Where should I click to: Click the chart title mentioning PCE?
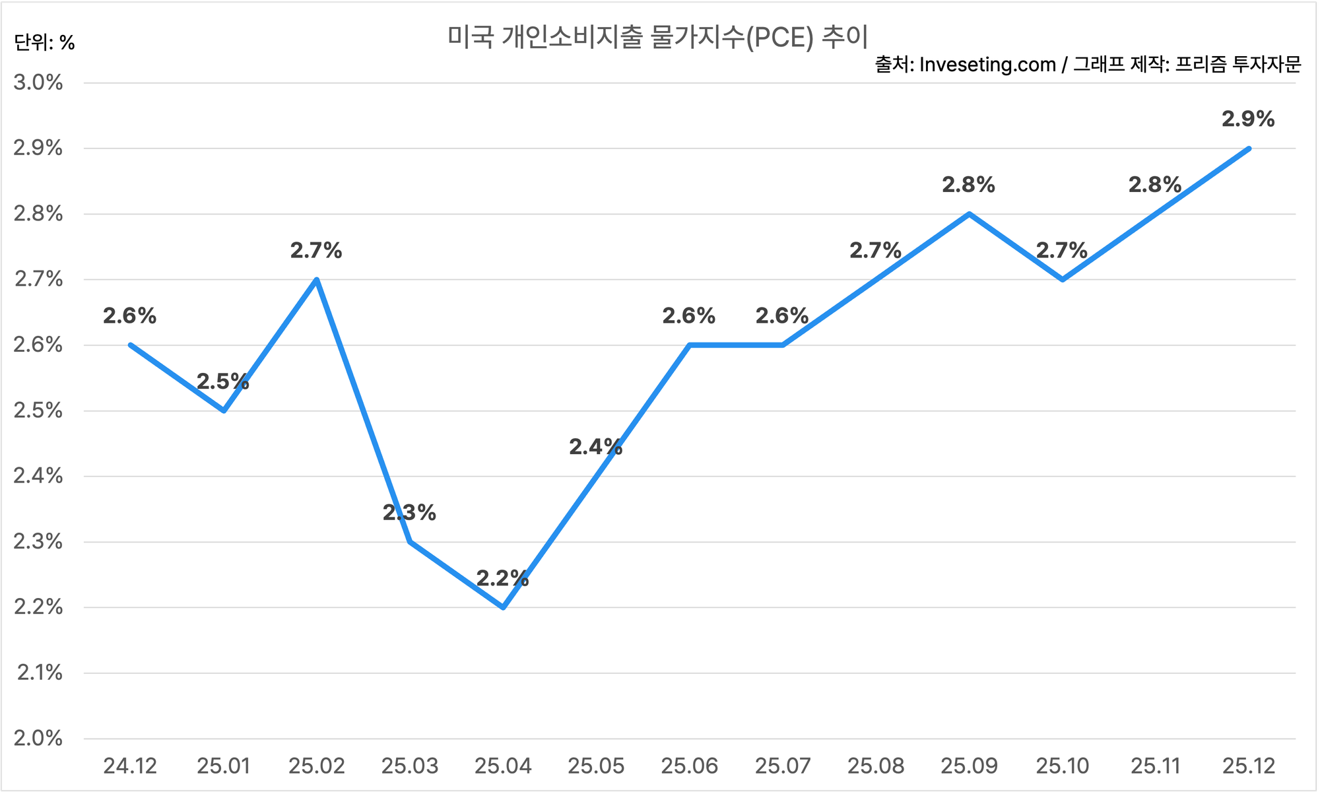pos(658,38)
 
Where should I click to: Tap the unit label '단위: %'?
pos(44,43)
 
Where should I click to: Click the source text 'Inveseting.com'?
pos(987,65)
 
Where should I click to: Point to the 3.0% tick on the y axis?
pos(38,83)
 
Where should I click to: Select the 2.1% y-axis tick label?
pos(40,673)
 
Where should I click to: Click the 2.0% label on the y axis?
pos(38,738)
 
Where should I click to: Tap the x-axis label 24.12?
pos(130,766)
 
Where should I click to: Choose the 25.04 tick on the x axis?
pos(503,766)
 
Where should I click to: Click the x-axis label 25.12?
pos(1249,766)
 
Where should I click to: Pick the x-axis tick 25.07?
pos(783,766)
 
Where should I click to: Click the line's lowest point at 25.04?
pos(503,607)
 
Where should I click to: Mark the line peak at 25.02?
pos(317,279)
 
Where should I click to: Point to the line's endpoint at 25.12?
pos(1249,149)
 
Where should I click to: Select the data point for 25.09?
pos(969,214)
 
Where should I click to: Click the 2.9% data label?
pos(1248,119)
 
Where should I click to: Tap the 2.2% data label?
pos(502,579)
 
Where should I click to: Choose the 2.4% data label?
pos(595,447)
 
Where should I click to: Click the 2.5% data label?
pos(223,381)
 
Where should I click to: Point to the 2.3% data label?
pos(409,513)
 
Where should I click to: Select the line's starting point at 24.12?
pos(131,345)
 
